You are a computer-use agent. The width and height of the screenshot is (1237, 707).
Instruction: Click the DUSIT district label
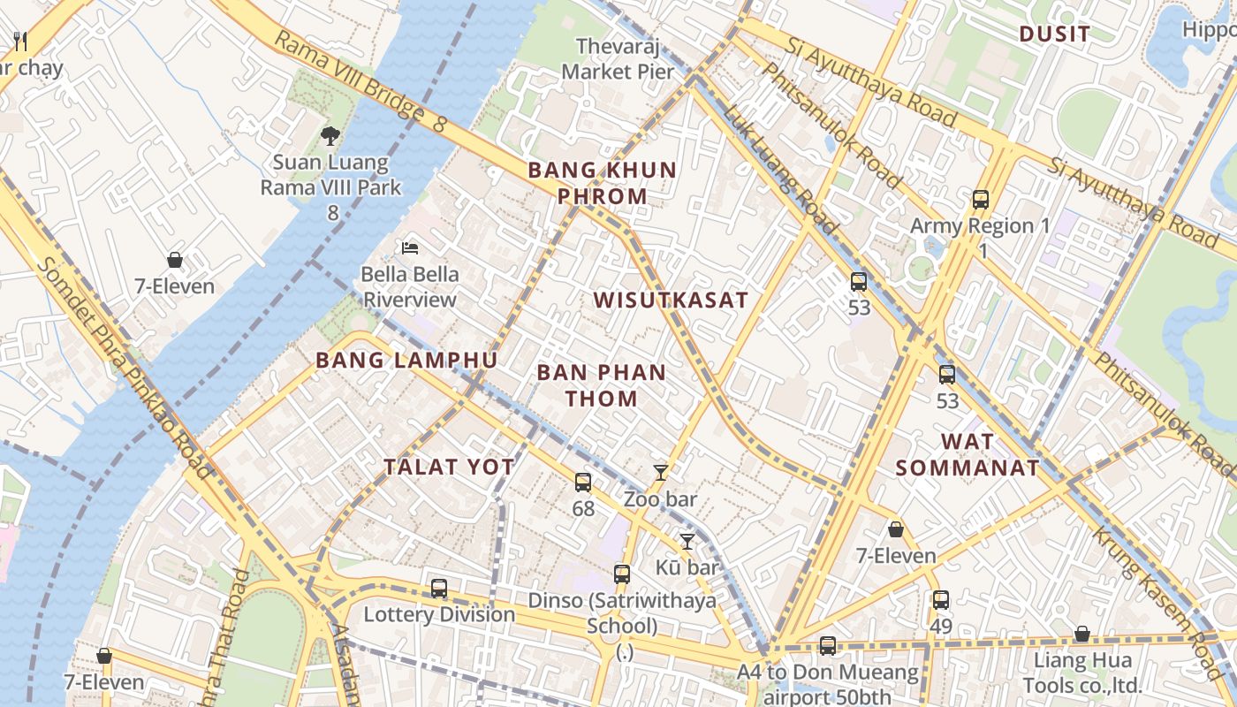click(1054, 34)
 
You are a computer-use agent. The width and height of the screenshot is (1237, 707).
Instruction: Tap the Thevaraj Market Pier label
click(618, 58)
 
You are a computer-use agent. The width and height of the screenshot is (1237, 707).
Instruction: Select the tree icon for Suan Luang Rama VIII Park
click(330, 136)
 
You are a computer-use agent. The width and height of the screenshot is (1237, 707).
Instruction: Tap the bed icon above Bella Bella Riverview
click(410, 247)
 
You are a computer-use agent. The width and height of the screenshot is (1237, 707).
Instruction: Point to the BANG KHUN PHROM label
click(602, 183)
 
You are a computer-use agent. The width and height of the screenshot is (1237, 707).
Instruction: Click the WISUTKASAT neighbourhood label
click(671, 300)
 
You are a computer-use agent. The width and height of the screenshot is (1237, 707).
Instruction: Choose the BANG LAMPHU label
click(406, 361)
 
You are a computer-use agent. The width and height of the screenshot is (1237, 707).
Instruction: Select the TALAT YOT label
click(449, 468)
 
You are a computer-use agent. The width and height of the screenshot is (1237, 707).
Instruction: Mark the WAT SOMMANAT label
click(968, 454)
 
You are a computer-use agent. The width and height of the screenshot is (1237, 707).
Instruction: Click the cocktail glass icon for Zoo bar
click(660, 473)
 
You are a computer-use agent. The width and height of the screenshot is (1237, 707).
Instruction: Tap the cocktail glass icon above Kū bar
click(687, 542)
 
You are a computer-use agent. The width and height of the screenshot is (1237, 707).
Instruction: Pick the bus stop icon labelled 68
click(583, 483)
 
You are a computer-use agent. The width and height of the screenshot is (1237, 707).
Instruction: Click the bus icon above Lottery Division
click(439, 589)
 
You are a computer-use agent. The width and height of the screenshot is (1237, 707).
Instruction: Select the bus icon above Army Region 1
click(981, 200)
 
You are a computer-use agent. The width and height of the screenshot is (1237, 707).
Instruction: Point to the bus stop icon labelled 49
click(941, 600)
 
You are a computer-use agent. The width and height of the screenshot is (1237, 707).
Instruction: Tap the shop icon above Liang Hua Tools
click(1082, 634)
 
